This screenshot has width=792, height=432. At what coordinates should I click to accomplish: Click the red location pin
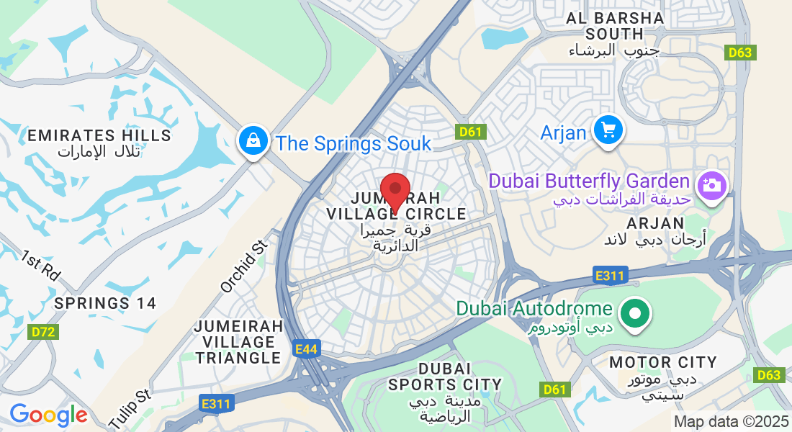point(395,190)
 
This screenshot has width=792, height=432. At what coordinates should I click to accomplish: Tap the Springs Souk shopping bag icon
point(254,140)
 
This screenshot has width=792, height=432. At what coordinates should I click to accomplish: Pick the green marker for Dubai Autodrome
point(635,314)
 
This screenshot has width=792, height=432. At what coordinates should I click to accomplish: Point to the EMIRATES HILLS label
point(99,135)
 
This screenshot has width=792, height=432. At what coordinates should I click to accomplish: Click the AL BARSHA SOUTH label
point(614,26)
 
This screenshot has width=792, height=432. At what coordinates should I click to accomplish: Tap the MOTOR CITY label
point(662,362)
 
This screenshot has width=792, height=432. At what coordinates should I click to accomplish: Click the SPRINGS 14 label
point(105,303)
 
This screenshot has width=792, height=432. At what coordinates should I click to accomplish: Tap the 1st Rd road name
point(40,266)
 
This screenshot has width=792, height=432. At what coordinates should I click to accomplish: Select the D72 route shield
point(45,332)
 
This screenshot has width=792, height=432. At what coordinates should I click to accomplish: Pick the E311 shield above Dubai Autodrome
point(611,275)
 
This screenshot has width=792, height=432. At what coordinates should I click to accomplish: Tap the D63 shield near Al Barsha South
point(739,52)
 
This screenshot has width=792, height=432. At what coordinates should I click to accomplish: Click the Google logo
point(48,415)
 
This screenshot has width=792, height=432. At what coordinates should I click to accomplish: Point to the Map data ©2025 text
point(731,421)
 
